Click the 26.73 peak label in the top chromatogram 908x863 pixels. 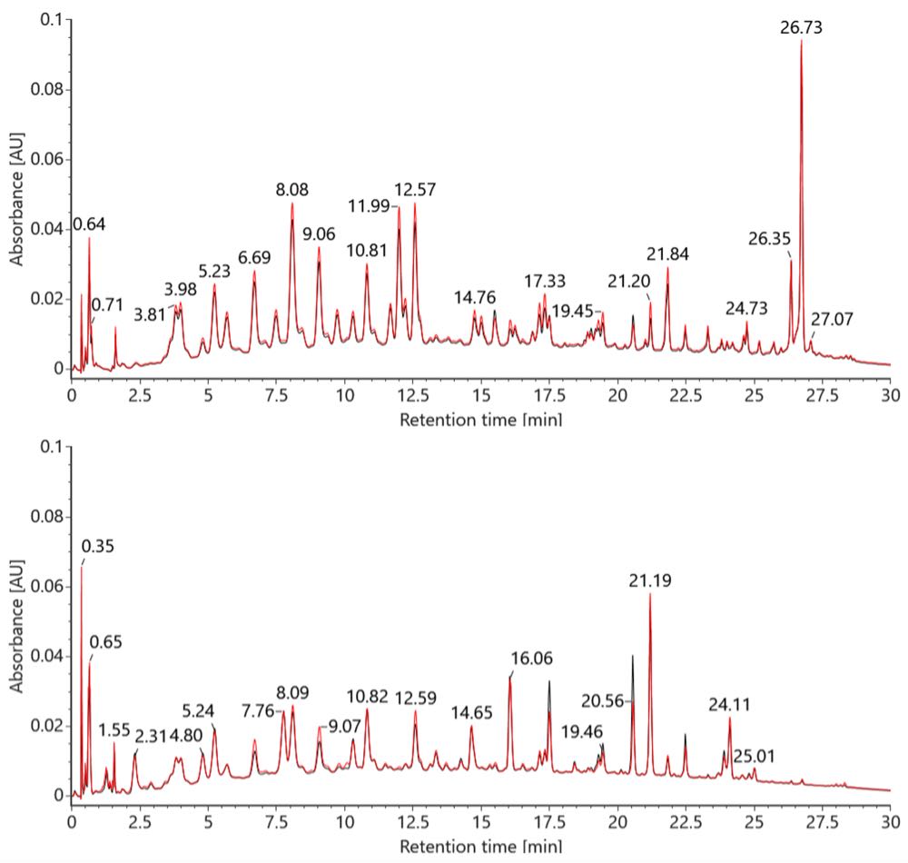[801, 28]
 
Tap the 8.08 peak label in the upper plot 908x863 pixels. [292, 190]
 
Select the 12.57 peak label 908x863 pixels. [415, 190]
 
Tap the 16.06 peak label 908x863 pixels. [532, 658]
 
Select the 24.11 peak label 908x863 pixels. [733, 704]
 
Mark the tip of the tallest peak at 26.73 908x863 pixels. [801, 41]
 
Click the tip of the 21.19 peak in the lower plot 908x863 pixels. [650, 594]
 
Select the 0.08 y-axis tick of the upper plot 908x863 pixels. [50, 90]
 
